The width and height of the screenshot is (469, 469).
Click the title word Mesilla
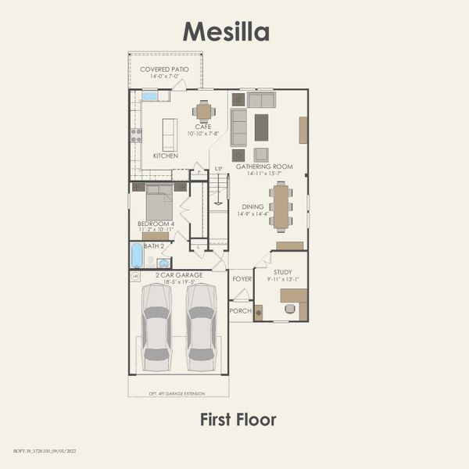point(226,31)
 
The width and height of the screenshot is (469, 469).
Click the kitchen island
point(170,134)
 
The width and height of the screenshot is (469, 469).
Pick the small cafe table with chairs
point(203,109)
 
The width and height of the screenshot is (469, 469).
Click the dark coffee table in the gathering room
point(261,127)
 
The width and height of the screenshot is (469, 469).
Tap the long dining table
point(281,206)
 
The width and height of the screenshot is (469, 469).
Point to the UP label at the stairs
point(218,169)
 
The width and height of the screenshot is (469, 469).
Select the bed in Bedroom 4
point(159,203)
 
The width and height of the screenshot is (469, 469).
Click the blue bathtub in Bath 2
point(138,255)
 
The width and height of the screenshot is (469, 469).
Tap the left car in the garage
point(157,326)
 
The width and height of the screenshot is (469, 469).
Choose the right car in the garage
point(201,326)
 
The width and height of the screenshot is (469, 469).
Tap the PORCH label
point(240,310)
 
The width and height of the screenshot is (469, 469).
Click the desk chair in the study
point(290,309)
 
